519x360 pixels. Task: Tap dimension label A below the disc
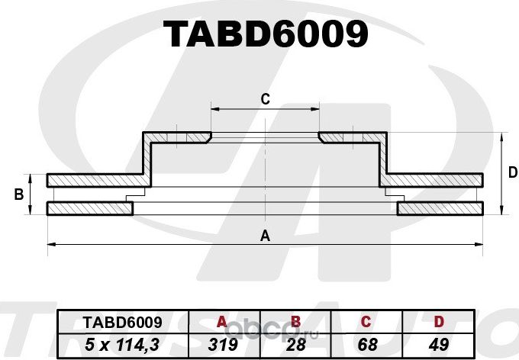265,236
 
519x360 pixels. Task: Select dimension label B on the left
18,194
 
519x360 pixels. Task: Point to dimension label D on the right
512,173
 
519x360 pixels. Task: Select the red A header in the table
222,322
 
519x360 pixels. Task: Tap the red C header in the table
365,322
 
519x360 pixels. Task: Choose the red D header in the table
438,322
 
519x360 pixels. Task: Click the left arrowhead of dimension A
50,244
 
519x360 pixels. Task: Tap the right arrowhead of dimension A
481,244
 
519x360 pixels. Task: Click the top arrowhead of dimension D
501,136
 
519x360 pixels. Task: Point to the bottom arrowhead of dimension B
31,212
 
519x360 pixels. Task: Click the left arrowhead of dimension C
214,109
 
